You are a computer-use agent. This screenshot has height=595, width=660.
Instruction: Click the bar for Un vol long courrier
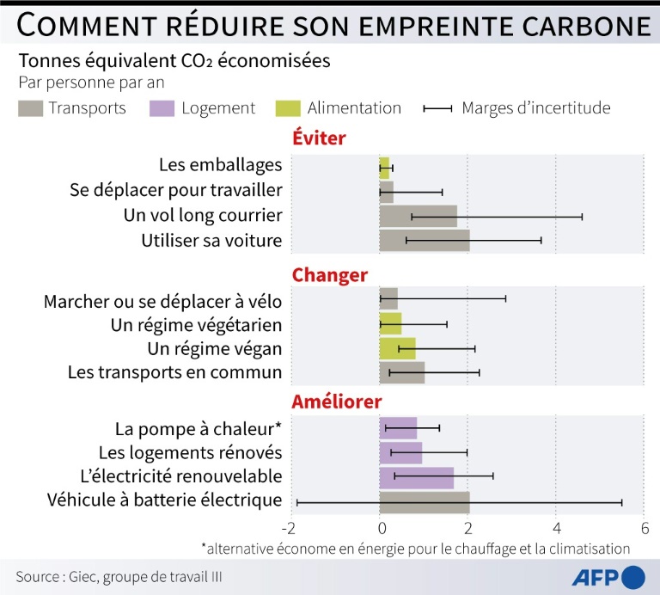coord(418,216)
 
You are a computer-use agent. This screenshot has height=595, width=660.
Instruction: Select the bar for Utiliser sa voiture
coord(425,240)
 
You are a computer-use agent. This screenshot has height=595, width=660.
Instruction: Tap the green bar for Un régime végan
coord(397,348)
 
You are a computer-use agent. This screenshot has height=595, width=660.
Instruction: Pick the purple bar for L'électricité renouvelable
coord(416,476)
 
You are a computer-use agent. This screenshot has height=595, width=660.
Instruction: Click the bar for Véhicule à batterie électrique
coord(425,500)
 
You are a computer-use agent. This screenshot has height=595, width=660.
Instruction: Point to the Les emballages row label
coord(220,165)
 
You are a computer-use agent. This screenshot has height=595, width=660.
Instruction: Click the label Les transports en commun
coord(174,372)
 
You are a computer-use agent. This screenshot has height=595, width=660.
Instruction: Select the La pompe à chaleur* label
coord(198,428)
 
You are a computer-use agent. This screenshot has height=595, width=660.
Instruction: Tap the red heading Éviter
coord(319,138)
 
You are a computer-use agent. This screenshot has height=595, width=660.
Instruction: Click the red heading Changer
coord(329,275)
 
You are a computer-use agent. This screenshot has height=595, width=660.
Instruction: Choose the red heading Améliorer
coord(337,402)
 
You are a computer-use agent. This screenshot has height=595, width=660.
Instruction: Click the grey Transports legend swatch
coord(30,108)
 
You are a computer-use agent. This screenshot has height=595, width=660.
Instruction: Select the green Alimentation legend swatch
coord(288,108)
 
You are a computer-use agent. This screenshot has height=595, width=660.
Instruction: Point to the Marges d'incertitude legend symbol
coord(438,108)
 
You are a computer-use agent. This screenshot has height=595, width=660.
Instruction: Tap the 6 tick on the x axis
coord(644,527)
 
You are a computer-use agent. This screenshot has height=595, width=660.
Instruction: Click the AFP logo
coord(609,574)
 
